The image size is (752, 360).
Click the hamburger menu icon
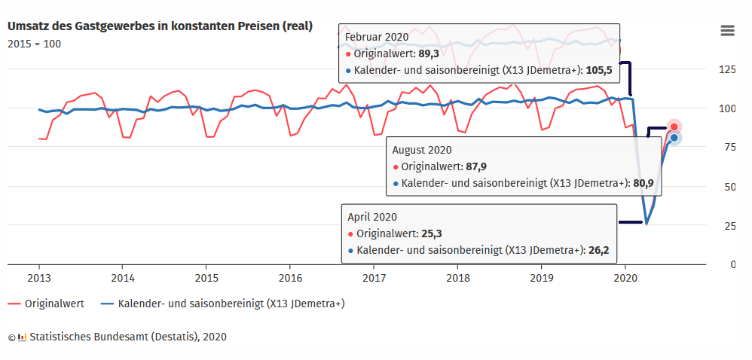pyautogui.click(x=727, y=31)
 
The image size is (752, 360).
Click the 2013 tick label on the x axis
pyautogui.click(x=39, y=279)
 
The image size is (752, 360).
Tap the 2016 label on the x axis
pyautogui.click(x=289, y=279)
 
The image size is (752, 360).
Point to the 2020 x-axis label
pyautogui.click(x=625, y=279)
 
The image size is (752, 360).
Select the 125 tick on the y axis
pyautogui.click(x=727, y=69)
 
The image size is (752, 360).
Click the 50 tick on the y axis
pyautogui.click(x=729, y=187)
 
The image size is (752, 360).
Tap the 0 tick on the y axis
pyautogui.click(x=732, y=264)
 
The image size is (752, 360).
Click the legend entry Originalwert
pyautogui.click(x=46, y=304)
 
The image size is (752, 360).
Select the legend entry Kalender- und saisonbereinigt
pyautogui.click(x=223, y=304)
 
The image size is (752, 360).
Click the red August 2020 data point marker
pyautogui.click(x=674, y=127)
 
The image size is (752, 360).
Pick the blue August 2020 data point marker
pyautogui.click(x=674, y=138)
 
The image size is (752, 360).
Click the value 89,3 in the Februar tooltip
pyautogui.click(x=429, y=53)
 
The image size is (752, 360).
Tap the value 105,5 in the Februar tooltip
pyautogui.click(x=599, y=71)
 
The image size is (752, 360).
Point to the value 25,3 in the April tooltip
pyautogui.click(x=432, y=233)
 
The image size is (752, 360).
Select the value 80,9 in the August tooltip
pyautogui.click(x=643, y=183)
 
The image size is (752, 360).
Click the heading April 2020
pyautogui.click(x=372, y=217)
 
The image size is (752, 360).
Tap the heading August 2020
pyautogui.click(x=422, y=150)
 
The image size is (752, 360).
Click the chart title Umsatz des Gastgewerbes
pyautogui.click(x=160, y=26)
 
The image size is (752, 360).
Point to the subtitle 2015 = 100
pyautogui.click(x=35, y=44)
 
